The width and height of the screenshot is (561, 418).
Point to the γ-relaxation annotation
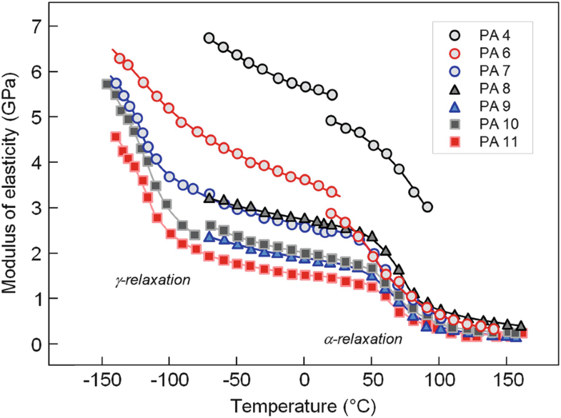pos(153,280)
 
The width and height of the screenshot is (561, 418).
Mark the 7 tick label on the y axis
pos(34,26)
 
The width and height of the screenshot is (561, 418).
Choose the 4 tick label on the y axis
pos(34,162)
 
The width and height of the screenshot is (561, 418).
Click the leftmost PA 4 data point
pos(209,38)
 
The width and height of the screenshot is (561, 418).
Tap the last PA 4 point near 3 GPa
pos(427,207)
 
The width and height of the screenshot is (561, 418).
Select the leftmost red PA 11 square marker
pos(116,136)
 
